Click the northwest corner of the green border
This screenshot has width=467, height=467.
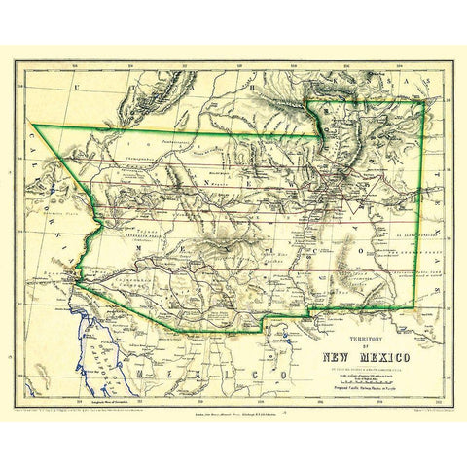coord(32,123)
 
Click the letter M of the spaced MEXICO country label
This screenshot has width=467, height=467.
coord(143,372)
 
